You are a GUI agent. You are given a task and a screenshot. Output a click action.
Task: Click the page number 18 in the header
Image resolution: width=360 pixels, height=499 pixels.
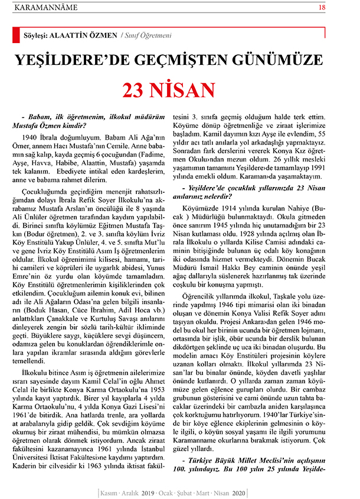(339, 8)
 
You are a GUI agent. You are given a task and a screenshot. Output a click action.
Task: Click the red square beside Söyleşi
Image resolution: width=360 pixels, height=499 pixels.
(16, 35)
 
